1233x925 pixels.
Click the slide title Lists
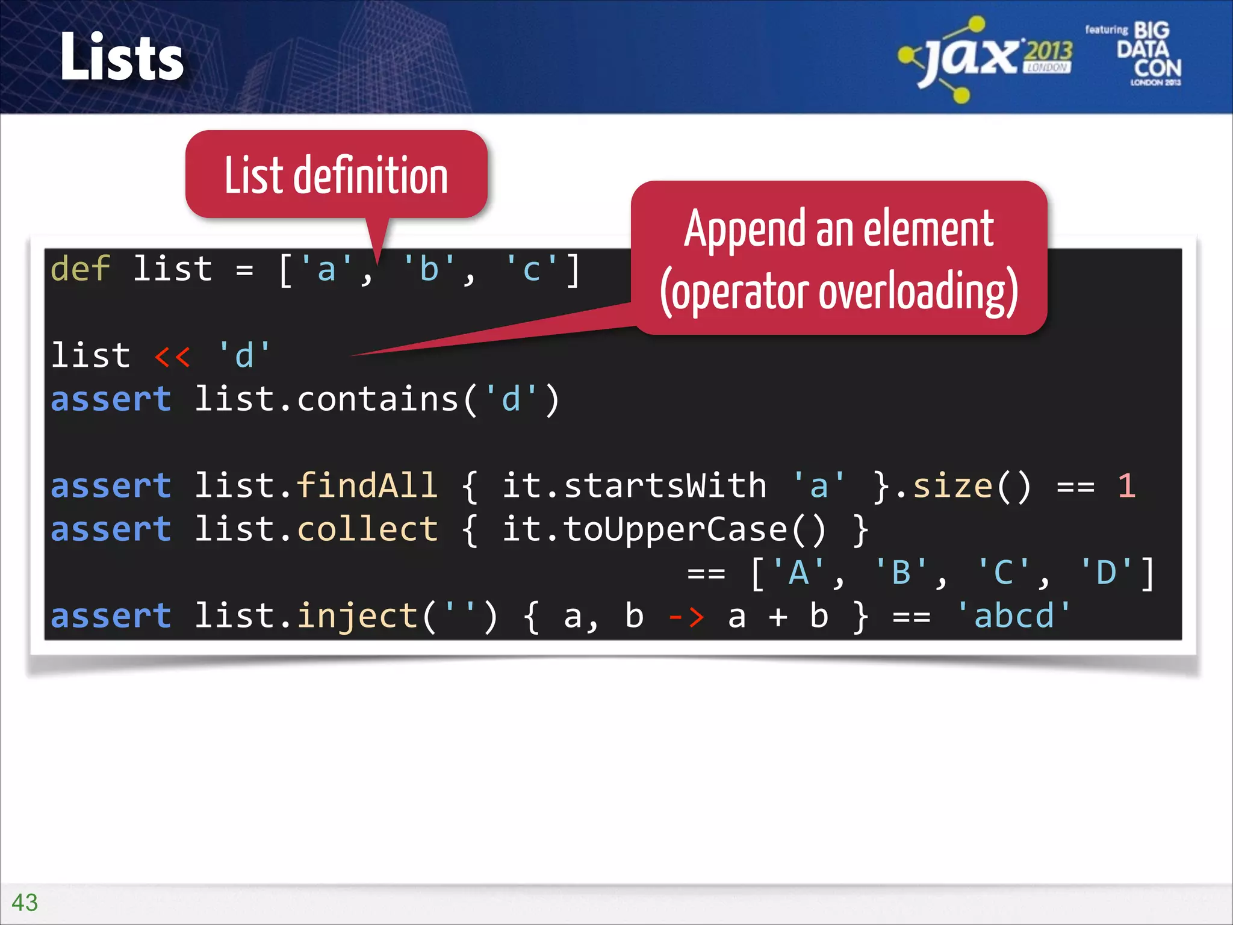(x=122, y=57)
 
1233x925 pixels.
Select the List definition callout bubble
(x=336, y=175)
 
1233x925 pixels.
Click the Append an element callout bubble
(x=839, y=259)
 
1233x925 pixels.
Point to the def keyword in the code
(x=80, y=269)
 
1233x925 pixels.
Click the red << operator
(x=173, y=356)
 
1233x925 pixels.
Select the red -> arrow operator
(x=686, y=617)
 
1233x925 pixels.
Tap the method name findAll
(x=367, y=486)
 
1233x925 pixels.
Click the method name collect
(x=367, y=529)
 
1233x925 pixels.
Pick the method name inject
(x=358, y=617)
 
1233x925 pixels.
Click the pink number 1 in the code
(x=1126, y=486)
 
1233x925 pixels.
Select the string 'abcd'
(x=1014, y=617)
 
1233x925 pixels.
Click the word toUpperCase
(x=674, y=529)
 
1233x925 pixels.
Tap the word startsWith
(x=665, y=486)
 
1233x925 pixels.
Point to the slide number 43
(x=25, y=902)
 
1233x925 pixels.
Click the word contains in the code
(x=377, y=399)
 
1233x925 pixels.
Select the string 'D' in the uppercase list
(x=1107, y=573)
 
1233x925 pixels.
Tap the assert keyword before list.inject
(x=111, y=617)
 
